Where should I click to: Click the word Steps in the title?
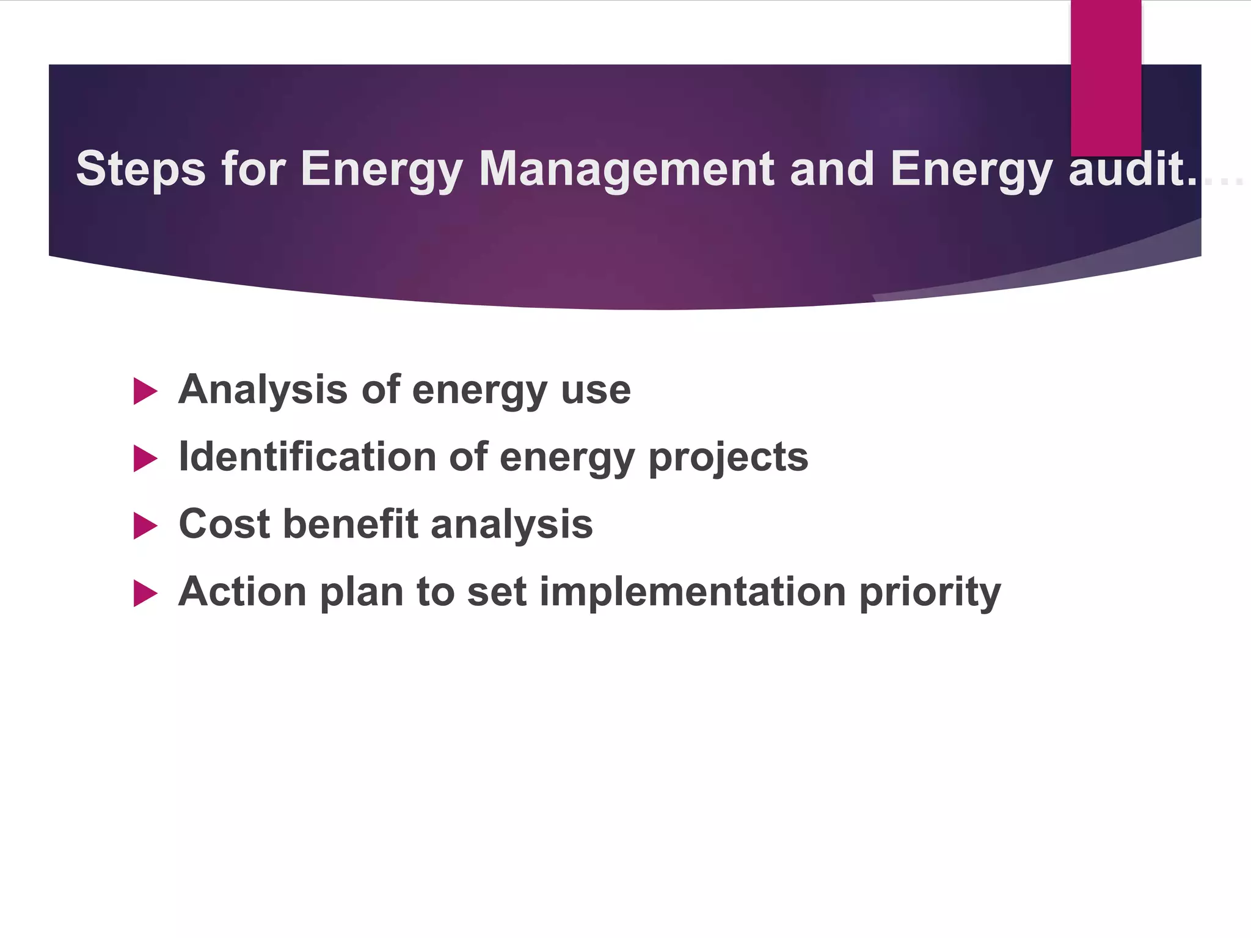coord(140,169)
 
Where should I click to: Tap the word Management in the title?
coord(627,169)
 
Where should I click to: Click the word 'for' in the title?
coord(253,169)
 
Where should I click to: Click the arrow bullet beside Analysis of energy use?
coord(145,391)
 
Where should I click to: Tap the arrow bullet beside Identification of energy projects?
coord(145,459)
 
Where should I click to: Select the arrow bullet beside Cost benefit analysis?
coord(145,526)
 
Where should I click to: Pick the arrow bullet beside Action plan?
coord(145,593)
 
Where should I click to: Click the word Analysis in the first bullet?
coord(263,390)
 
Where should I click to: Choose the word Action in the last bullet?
coord(242,592)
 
